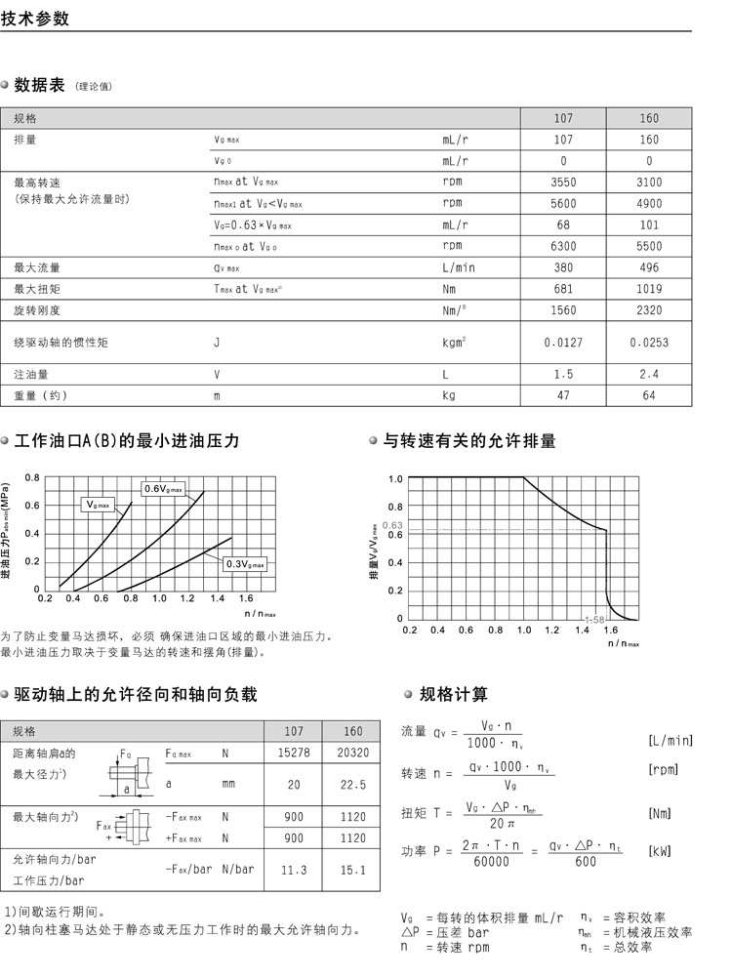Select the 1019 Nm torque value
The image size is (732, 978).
(x=649, y=290)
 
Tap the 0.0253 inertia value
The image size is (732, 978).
(x=649, y=343)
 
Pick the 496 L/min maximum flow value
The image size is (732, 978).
(x=649, y=267)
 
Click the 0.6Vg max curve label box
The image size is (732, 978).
(x=164, y=488)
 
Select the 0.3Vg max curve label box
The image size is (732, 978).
(x=244, y=564)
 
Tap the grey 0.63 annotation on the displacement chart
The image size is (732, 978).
(x=392, y=526)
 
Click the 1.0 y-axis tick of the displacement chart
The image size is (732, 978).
(x=395, y=479)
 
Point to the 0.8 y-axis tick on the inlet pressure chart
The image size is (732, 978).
(x=32, y=477)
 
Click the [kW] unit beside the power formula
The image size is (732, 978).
(x=661, y=851)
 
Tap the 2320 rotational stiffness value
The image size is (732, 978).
(x=649, y=310)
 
